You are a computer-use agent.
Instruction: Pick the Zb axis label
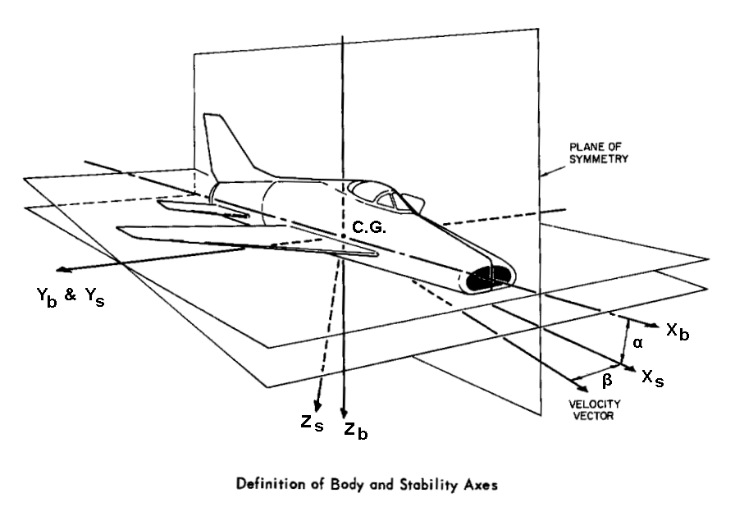356,429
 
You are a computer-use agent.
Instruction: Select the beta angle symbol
606,380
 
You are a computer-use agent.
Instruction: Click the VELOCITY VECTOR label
594,409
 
